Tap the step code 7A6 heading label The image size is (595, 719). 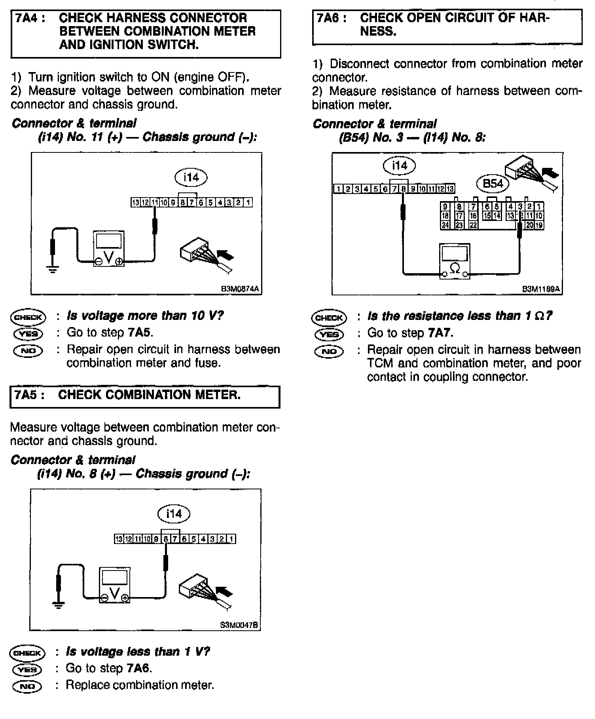328,18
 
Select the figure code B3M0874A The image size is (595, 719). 240,289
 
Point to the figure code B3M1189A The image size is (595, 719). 541,289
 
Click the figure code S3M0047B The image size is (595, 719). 239,625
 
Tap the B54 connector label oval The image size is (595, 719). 493,183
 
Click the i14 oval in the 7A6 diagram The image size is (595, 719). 400,165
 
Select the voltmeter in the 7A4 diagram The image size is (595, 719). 109,248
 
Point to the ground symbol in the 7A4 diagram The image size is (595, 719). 52,269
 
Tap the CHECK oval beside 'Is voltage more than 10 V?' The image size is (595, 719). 28,317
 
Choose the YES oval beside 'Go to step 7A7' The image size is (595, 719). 329,335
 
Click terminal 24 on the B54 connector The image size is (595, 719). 445,225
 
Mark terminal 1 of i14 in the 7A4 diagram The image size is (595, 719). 248,203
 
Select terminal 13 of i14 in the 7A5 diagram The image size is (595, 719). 118,539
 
